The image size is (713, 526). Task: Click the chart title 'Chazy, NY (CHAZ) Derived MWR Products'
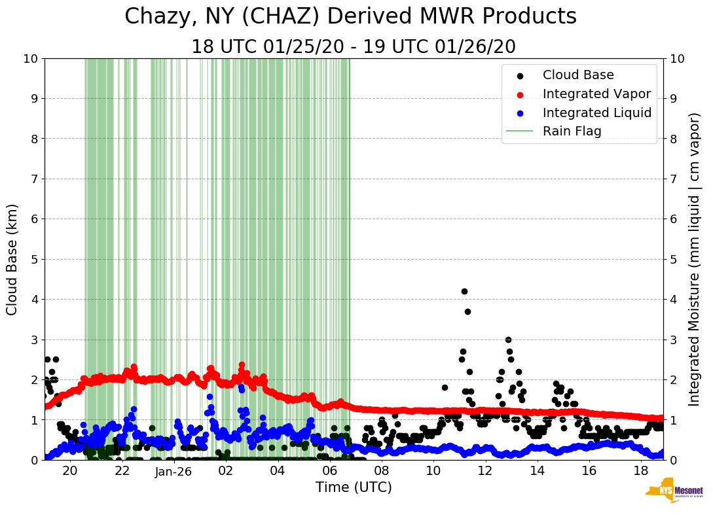(x=350, y=16)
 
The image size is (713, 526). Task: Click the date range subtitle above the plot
(x=354, y=47)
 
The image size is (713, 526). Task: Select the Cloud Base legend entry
(x=578, y=75)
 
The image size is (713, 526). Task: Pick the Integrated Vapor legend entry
(x=596, y=94)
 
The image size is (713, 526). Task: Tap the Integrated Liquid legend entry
(x=596, y=113)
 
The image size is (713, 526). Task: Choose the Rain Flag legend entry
(x=572, y=131)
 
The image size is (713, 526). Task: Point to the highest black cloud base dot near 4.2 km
(x=464, y=291)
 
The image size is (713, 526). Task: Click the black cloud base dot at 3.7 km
(x=467, y=311)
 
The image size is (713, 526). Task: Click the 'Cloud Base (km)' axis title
(x=12, y=259)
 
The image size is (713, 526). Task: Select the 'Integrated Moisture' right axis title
(x=695, y=259)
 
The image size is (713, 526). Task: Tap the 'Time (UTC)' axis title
(x=354, y=487)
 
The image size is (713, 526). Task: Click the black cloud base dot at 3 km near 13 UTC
(x=508, y=340)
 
